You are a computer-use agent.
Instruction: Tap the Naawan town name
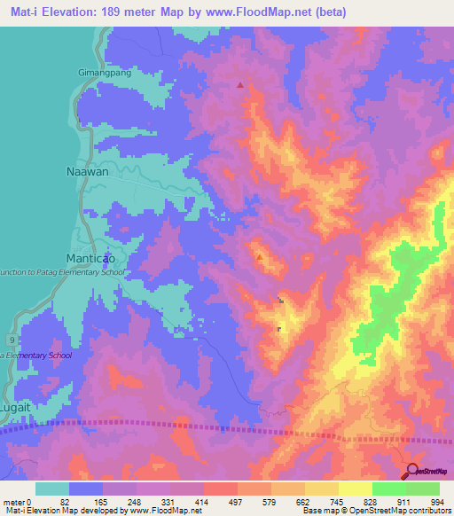pyautogui.click(x=88, y=172)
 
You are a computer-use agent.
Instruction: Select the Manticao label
pyautogui.click(x=93, y=257)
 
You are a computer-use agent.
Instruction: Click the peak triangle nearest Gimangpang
pyautogui.click(x=239, y=86)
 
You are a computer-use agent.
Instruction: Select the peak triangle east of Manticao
pyautogui.click(x=260, y=258)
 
